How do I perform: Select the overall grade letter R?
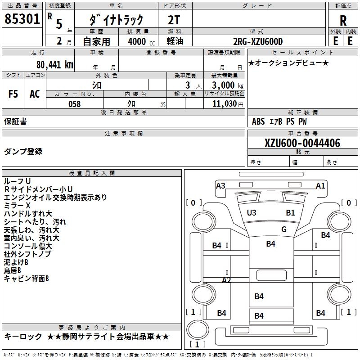(343, 20)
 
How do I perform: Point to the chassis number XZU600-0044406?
(302, 143)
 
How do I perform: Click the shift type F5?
(13, 94)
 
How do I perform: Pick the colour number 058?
(74, 104)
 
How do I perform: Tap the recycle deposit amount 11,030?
(224, 104)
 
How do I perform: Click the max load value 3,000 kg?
(224, 85)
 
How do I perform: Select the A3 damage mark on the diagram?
(220, 185)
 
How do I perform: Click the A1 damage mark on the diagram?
(320, 185)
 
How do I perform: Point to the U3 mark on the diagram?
(252, 212)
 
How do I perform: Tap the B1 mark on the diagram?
(290, 212)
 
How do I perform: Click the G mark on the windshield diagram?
(284, 229)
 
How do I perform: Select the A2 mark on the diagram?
(226, 280)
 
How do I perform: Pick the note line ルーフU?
(17, 181)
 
